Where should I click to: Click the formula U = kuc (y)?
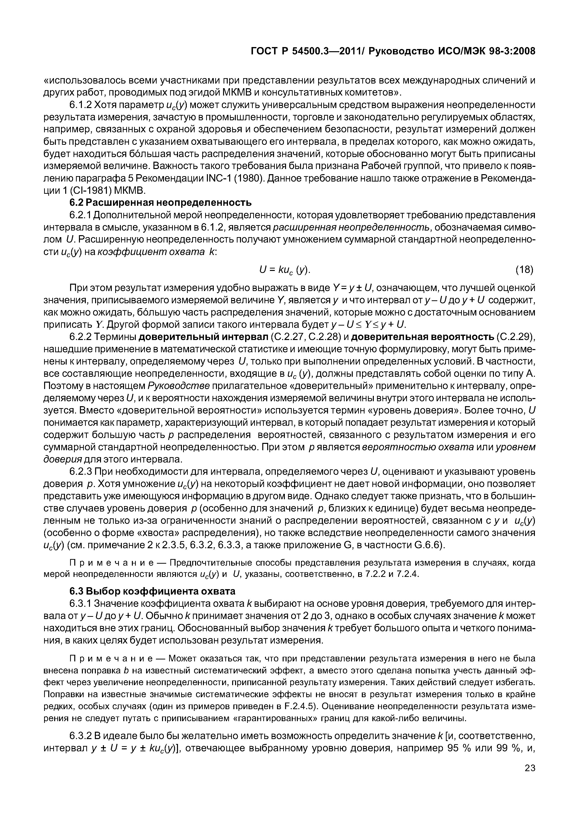click(x=285, y=270)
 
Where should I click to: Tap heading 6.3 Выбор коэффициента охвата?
click(x=152, y=591)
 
